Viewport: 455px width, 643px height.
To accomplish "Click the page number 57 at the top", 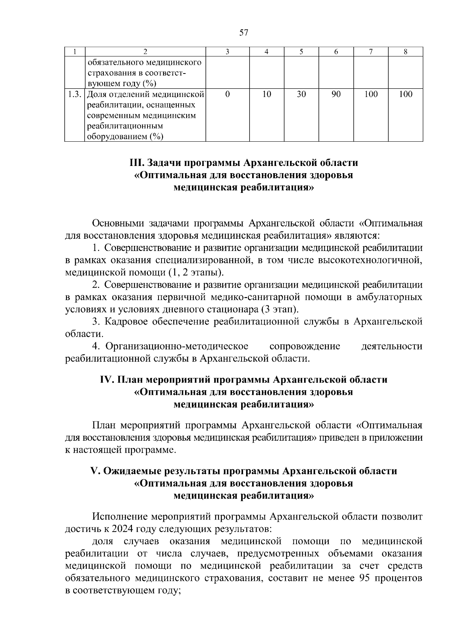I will click(x=244, y=33).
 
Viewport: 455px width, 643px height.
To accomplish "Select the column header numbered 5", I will click(x=301, y=52).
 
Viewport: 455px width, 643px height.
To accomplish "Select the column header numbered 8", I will click(x=405, y=52).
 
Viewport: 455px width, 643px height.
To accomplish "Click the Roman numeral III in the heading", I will click(x=136, y=163).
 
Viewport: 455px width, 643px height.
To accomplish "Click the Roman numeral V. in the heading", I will click(x=96, y=471).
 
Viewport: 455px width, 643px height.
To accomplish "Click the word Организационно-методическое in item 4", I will click(x=177, y=346).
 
